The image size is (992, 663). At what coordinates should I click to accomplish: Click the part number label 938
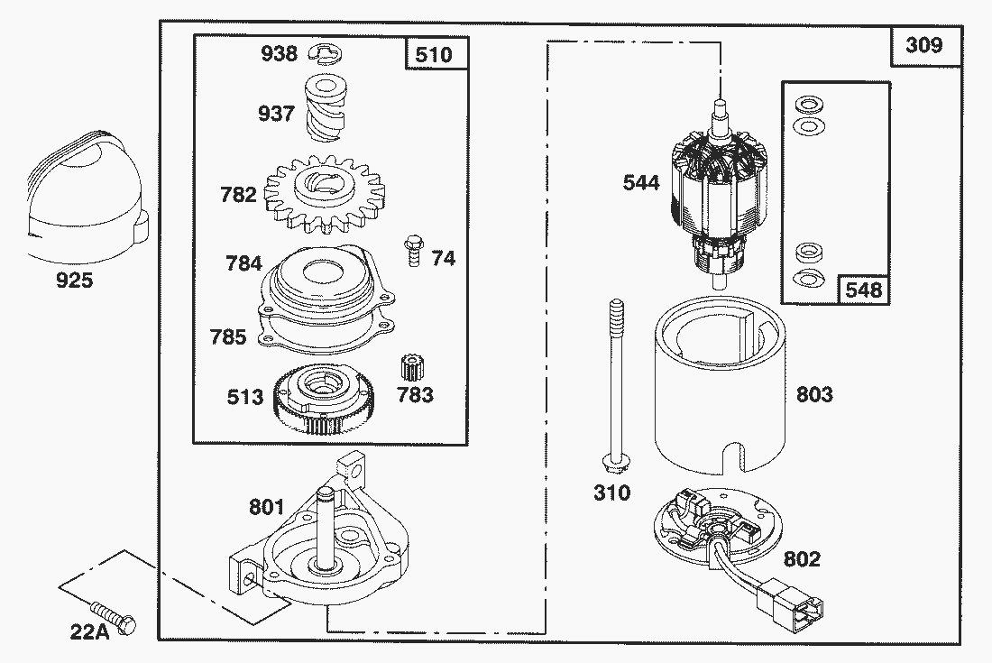(x=279, y=53)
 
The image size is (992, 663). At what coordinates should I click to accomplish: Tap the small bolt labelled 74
(x=413, y=247)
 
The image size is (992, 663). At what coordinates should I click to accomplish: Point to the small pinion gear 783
(x=410, y=369)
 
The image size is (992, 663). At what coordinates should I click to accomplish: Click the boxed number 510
(x=434, y=55)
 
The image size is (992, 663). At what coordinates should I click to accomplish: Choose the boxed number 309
(x=924, y=44)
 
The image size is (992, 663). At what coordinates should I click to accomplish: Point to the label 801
(x=266, y=508)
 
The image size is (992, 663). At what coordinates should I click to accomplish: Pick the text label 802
(x=802, y=559)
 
